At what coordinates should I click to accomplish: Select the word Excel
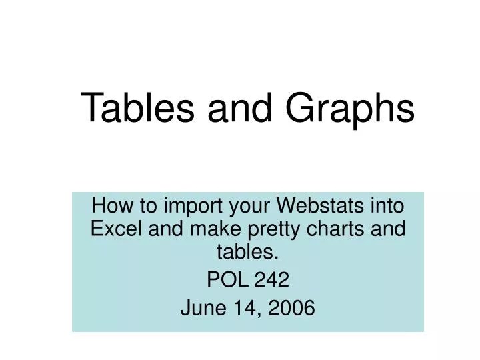(x=113, y=229)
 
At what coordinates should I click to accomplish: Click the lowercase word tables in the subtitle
(x=248, y=253)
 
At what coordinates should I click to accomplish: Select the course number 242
(x=273, y=281)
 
